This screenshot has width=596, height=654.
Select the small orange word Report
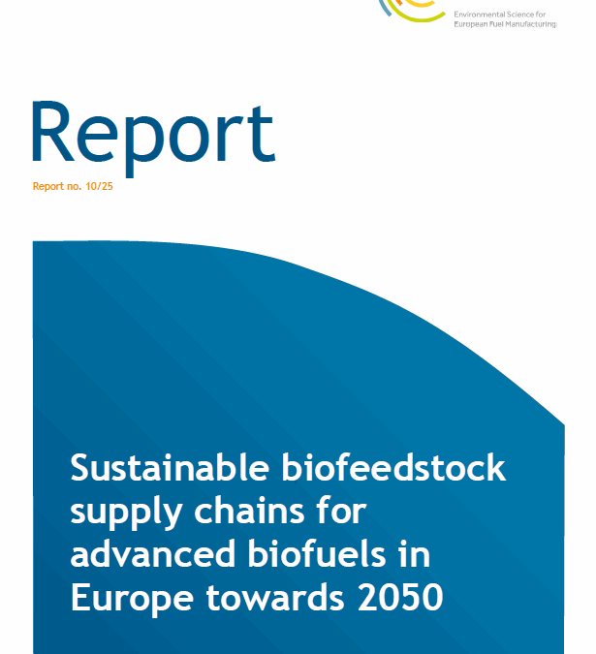tap(48, 185)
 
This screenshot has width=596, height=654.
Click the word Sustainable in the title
tap(169, 468)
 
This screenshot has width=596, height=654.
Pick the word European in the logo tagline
tap(475, 25)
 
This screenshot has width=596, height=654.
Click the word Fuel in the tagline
tap(503, 25)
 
